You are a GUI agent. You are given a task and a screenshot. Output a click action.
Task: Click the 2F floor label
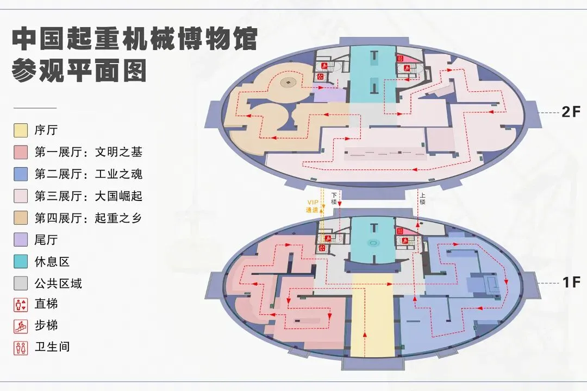[571, 112]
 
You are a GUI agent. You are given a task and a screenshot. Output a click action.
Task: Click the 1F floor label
[571, 282]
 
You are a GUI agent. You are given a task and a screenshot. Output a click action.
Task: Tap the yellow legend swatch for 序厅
[21, 130]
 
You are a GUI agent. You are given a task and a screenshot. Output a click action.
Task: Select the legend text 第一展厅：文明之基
[88, 153]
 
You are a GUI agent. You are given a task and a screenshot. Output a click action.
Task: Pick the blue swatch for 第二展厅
[21, 174]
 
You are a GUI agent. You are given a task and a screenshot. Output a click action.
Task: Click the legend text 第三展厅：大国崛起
[88, 196]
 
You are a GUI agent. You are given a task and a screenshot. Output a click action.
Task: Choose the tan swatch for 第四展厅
[21, 218]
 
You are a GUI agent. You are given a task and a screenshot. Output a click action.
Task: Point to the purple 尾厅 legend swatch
[21, 239]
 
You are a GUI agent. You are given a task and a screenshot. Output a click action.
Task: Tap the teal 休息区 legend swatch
[21, 261]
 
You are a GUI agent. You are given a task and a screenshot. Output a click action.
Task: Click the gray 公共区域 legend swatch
[21, 283]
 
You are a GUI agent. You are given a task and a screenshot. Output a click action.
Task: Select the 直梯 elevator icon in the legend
[21, 305]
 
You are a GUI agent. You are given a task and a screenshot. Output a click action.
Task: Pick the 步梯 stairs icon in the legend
[21, 326]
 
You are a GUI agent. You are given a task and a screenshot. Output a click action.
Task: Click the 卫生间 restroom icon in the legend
[21, 348]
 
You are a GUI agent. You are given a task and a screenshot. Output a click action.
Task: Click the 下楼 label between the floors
[334, 198]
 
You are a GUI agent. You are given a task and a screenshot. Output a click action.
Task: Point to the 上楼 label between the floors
[422, 198]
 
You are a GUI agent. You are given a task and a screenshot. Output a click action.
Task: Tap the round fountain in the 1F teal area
[372, 243]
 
